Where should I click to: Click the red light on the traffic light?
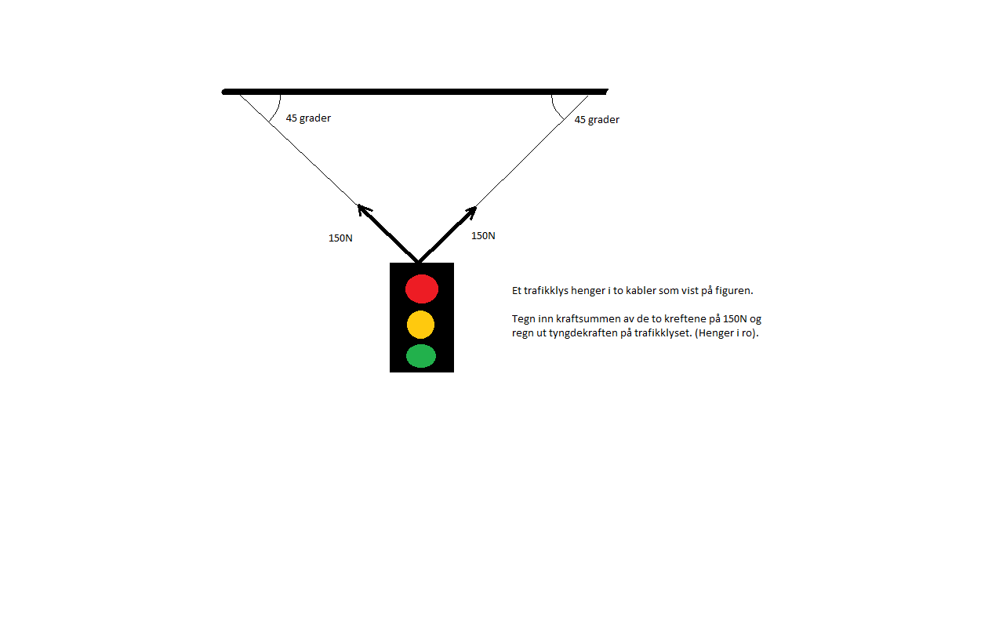421,289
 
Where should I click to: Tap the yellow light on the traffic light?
420,325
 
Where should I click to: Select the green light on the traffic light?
421,356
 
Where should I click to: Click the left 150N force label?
340,238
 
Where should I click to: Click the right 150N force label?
483,236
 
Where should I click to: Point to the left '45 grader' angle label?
308,118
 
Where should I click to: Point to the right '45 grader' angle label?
597,119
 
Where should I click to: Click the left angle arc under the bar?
277,110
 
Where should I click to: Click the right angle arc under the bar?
554,109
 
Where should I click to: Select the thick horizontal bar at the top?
415,92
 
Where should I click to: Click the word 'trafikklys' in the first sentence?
546,291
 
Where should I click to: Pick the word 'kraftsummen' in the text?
585,319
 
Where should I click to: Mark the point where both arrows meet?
418,262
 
